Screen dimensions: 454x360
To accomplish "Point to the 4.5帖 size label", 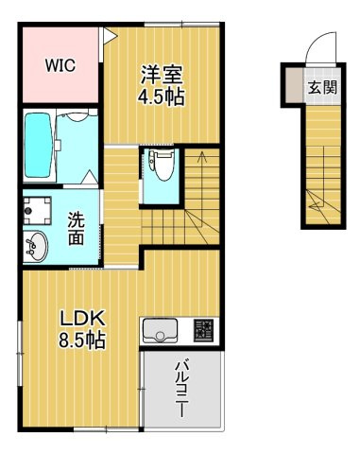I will (x=162, y=96).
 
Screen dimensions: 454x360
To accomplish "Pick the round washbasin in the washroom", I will (x=36, y=245).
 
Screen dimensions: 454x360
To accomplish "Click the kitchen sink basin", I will (x=160, y=331).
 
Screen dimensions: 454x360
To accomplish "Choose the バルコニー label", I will (x=183, y=390).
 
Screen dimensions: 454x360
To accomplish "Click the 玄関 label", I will (x=320, y=89).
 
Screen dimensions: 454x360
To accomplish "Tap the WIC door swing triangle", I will (x=110, y=38).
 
